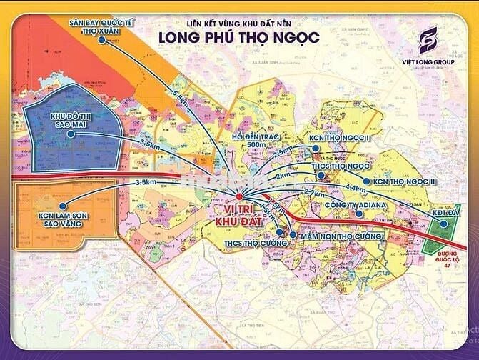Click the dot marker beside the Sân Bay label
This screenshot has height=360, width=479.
(103, 41)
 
